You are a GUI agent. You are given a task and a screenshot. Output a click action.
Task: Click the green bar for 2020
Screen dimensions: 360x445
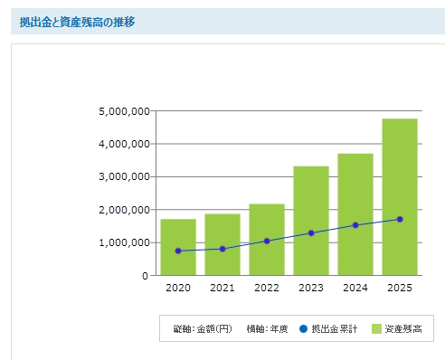178,246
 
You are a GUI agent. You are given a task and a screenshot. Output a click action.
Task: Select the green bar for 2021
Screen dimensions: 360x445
222,244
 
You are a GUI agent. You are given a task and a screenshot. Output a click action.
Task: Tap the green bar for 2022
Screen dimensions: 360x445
267,239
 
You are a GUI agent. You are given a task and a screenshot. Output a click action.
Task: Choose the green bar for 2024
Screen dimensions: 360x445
355,213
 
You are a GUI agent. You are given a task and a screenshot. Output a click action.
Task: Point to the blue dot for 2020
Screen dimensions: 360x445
178,251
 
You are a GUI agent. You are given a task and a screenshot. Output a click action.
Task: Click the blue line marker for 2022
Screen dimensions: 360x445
267,241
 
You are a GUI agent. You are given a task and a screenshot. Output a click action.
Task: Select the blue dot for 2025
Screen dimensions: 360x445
400,219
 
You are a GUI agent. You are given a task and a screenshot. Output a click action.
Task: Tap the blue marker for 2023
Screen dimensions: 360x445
311,232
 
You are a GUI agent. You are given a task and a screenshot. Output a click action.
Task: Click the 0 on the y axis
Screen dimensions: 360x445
145,275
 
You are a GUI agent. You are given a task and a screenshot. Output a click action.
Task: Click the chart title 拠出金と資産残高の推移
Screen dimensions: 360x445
77,21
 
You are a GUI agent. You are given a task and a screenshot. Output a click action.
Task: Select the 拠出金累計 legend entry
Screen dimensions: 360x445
336,328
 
